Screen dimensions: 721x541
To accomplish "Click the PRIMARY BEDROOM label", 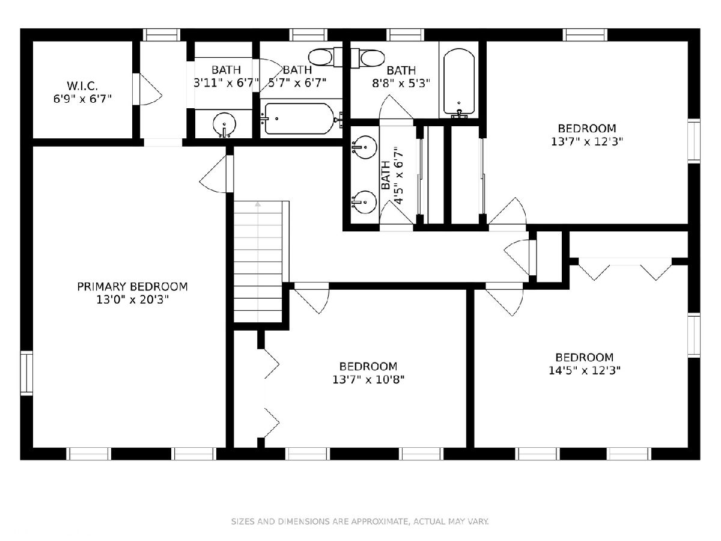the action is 132,287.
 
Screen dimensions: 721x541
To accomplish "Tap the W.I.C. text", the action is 82,86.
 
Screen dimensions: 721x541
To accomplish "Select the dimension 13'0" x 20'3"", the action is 132,300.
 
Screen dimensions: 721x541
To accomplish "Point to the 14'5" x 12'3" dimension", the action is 585,370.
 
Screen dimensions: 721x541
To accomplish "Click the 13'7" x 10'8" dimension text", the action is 368,380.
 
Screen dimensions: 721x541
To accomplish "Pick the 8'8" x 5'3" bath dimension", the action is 401,84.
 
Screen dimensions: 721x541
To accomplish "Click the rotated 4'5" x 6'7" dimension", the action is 398,176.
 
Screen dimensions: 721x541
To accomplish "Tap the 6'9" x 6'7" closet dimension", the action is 82,99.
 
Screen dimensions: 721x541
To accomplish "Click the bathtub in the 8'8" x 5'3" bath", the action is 459,83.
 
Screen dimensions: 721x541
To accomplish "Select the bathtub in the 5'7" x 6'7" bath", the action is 300,118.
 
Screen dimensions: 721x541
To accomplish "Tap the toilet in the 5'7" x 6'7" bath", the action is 326,57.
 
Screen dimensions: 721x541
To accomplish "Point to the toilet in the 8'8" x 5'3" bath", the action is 368,58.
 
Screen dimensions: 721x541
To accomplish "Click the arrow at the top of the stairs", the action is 258,204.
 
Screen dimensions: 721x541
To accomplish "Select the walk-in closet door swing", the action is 150,90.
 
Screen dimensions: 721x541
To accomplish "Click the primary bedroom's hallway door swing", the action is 213,174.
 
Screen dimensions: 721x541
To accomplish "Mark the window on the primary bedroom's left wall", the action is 26,373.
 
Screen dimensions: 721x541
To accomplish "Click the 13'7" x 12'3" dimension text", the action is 586,142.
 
